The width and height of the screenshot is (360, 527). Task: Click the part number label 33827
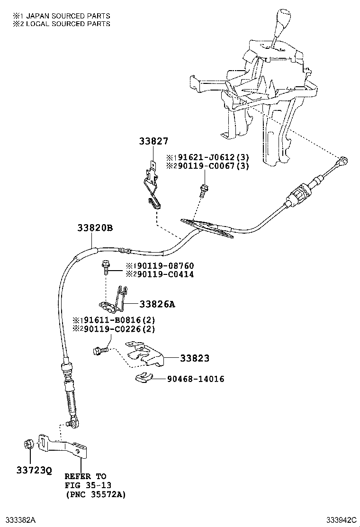tap(153, 141)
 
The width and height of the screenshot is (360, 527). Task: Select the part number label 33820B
tap(95, 228)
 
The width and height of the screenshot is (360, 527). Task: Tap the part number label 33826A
tap(157, 304)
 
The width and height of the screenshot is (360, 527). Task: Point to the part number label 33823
tap(194, 358)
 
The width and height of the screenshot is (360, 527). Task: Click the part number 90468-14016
tap(195, 379)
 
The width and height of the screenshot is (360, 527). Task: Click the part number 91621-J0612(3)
tap(210, 157)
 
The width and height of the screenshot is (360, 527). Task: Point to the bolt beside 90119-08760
tap(106, 267)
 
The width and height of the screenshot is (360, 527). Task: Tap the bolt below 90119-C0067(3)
tap(204, 190)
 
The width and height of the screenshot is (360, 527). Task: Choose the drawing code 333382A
tap(20, 520)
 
